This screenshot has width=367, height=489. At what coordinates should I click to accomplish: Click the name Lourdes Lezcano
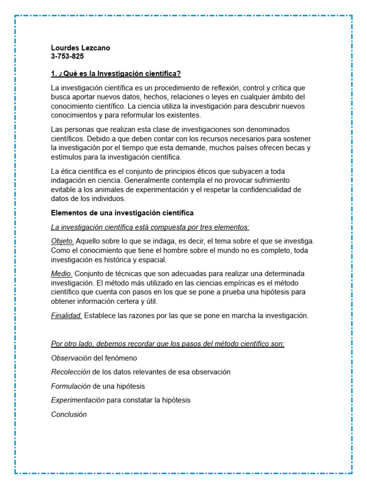click(81, 48)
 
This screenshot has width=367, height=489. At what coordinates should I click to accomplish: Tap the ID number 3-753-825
click(67, 56)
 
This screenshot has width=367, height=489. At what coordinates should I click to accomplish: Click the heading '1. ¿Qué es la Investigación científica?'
click(116, 74)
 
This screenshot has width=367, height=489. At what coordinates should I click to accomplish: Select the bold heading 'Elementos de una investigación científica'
click(122, 213)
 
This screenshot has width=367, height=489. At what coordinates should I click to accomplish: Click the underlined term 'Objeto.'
click(63, 242)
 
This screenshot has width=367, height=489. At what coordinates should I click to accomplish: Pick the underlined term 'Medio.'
click(62, 274)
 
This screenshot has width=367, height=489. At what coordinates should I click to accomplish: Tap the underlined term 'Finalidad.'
click(66, 316)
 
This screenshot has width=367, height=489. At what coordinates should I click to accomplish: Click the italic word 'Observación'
click(71, 358)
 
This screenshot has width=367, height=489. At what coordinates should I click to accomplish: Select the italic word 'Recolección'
click(71, 372)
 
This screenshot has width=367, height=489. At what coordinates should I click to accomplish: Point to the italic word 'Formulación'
click(71, 386)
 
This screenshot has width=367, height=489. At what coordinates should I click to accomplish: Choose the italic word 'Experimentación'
click(78, 400)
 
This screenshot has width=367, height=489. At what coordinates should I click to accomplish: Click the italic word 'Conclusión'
click(69, 415)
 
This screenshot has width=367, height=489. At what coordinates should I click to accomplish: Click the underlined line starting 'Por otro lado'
click(168, 344)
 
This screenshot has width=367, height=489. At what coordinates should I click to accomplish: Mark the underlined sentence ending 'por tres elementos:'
click(150, 227)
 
